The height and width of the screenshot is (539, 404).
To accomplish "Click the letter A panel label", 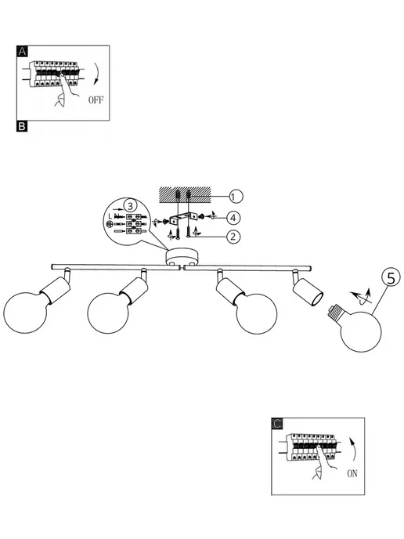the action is point(22,51).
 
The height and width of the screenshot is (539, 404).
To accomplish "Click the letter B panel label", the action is point(22,126).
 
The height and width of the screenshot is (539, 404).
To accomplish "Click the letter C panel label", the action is point(277,424).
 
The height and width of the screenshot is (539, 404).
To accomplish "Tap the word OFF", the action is point(96,100).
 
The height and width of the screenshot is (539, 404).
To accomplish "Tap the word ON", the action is point(352,474).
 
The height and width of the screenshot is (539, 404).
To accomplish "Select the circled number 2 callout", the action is point(233,237).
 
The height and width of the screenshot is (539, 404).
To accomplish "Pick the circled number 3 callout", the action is point(130,206).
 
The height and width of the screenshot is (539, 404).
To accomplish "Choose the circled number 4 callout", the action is point(233,218).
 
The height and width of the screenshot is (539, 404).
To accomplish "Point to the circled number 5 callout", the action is point(391,277).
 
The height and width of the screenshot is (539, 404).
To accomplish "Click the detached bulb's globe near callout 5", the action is point(361,331).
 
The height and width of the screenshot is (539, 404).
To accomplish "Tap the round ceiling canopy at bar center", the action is point(182,258).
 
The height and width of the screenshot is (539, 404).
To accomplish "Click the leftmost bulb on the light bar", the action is point(25,313).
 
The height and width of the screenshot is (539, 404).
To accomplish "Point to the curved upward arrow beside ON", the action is point(353,449).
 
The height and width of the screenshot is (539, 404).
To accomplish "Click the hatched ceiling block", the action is point(185,194).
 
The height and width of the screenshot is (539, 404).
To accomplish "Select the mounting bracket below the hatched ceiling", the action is point(182,219).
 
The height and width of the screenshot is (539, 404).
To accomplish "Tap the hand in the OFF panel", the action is point(67,89).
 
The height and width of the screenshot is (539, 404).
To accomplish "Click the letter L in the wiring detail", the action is point(110,216).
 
